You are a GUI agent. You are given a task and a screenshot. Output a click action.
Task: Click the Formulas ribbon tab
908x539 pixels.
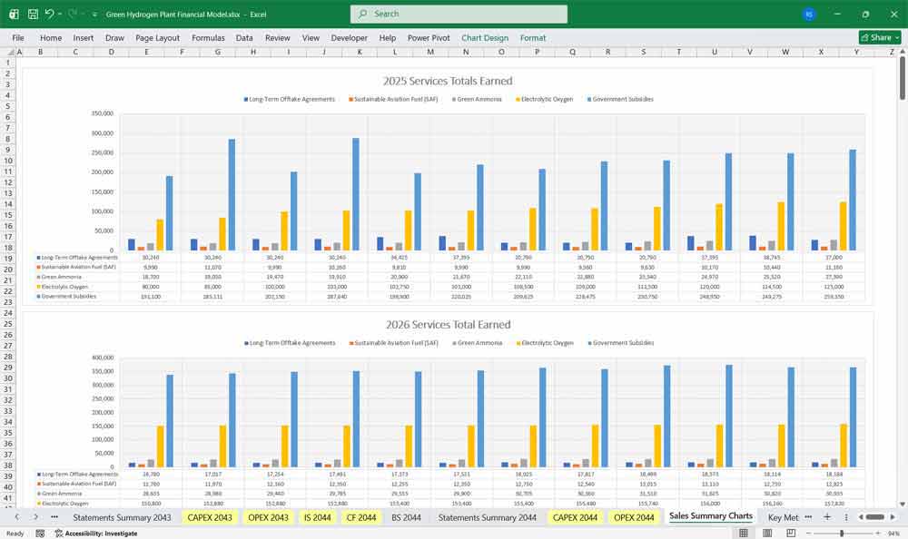(x=208, y=38)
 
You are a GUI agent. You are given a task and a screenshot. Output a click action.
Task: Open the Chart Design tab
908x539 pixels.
(x=485, y=38)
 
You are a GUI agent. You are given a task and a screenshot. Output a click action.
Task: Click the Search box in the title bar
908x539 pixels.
(x=459, y=14)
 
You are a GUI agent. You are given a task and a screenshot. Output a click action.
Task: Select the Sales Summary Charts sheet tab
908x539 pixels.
(x=711, y=516)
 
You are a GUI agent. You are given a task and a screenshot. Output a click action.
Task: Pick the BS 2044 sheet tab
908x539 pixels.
(x=406, y=517)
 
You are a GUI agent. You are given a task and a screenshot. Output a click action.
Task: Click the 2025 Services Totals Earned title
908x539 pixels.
(x=448, y=81)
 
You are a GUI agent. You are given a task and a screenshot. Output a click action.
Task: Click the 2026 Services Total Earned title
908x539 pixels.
(x=448, y=324)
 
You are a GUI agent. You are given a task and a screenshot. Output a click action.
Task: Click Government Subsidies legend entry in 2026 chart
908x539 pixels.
(x=622, y=343)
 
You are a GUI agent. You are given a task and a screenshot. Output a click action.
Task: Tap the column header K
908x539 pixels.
(x=360, y=52)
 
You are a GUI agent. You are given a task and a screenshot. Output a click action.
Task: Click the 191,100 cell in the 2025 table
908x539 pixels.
(x=152, y=296)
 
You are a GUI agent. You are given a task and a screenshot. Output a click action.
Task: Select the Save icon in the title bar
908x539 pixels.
(x=32, y=14)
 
